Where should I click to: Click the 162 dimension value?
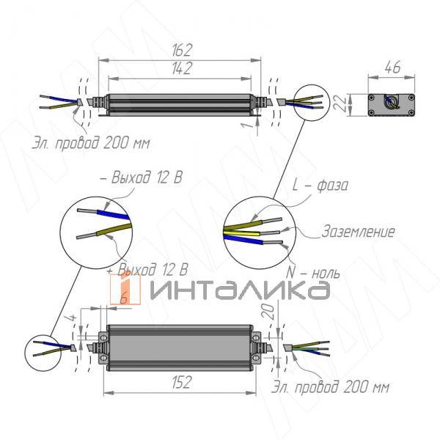pyautogui.click(x=182, y=50)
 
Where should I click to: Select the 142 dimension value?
pyautogui.click(x=182, y=68)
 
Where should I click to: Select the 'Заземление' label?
pyautogui.click(x=359, y=232)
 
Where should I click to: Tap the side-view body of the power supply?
pyautogui.click(x=180, y=103)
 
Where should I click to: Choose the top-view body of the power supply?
pyautogui.click(x=180, y=345)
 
